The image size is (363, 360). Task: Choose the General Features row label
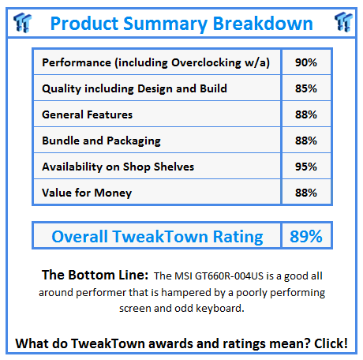pos(88,114)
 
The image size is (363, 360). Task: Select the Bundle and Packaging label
pos(101,141)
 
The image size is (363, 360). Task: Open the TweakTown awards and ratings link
pos(181,343)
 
